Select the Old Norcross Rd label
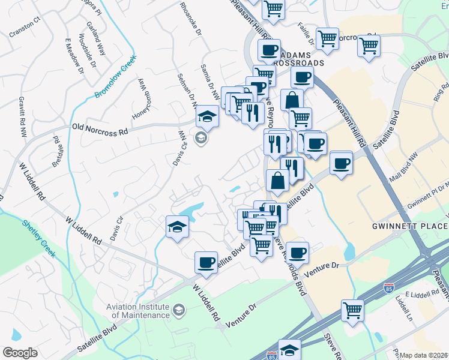pyautogui.click(x=100, y=128)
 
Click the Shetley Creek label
pyautogui.click(x=39, y=238)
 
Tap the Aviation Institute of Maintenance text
pyautogui.click(x=138, y=311)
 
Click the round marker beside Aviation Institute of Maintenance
pyautogui.click(x=178, y=310)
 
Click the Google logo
pyautogui.click(x=20, y=353)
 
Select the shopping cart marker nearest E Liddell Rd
pyautogui.click(x=352, y=310)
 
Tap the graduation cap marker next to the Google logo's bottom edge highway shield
pyautogui.click(x=289, y=350)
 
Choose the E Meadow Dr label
pyautogui.click(x=74, y=58)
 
